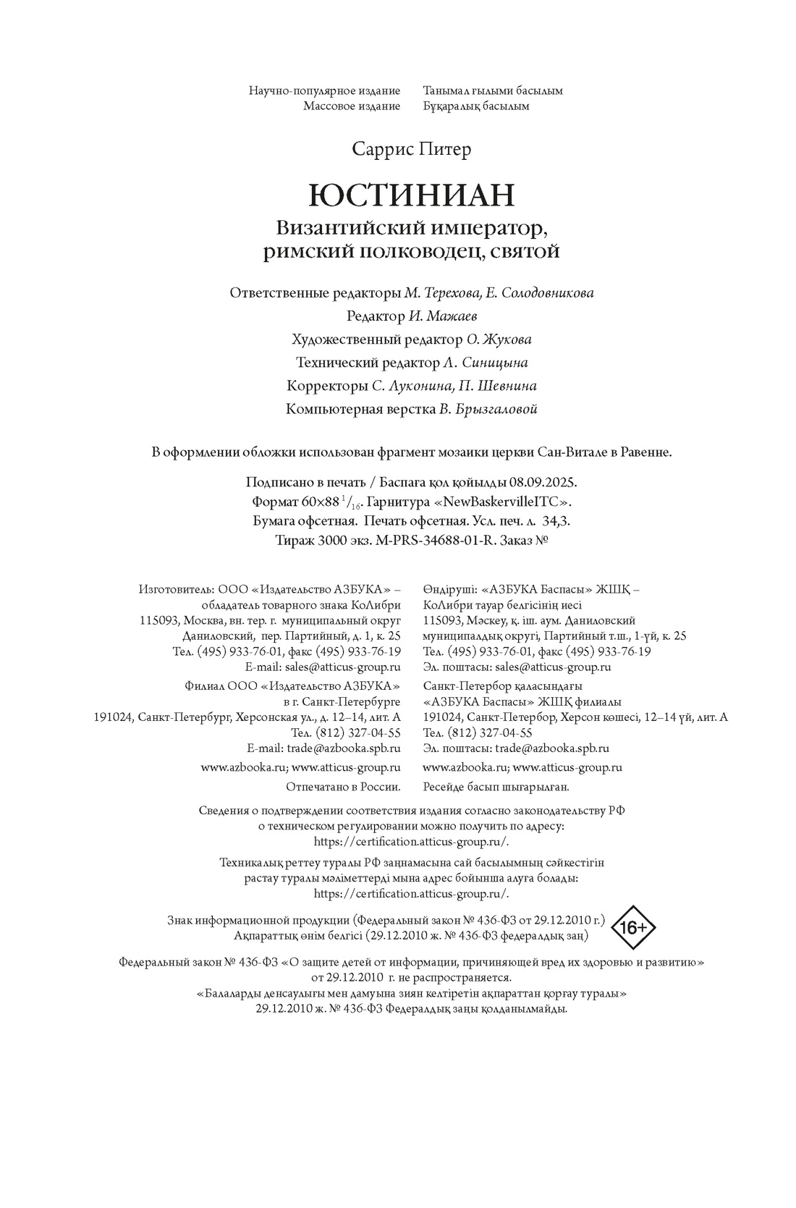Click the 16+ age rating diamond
(633, 927)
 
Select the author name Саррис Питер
(411, 149)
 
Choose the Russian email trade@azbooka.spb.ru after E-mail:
(344, 748)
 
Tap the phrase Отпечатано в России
(343, 786)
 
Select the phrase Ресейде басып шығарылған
(496, 786)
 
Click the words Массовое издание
(351, 106)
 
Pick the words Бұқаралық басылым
(475, 106)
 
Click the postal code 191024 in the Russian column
(113, 717)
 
